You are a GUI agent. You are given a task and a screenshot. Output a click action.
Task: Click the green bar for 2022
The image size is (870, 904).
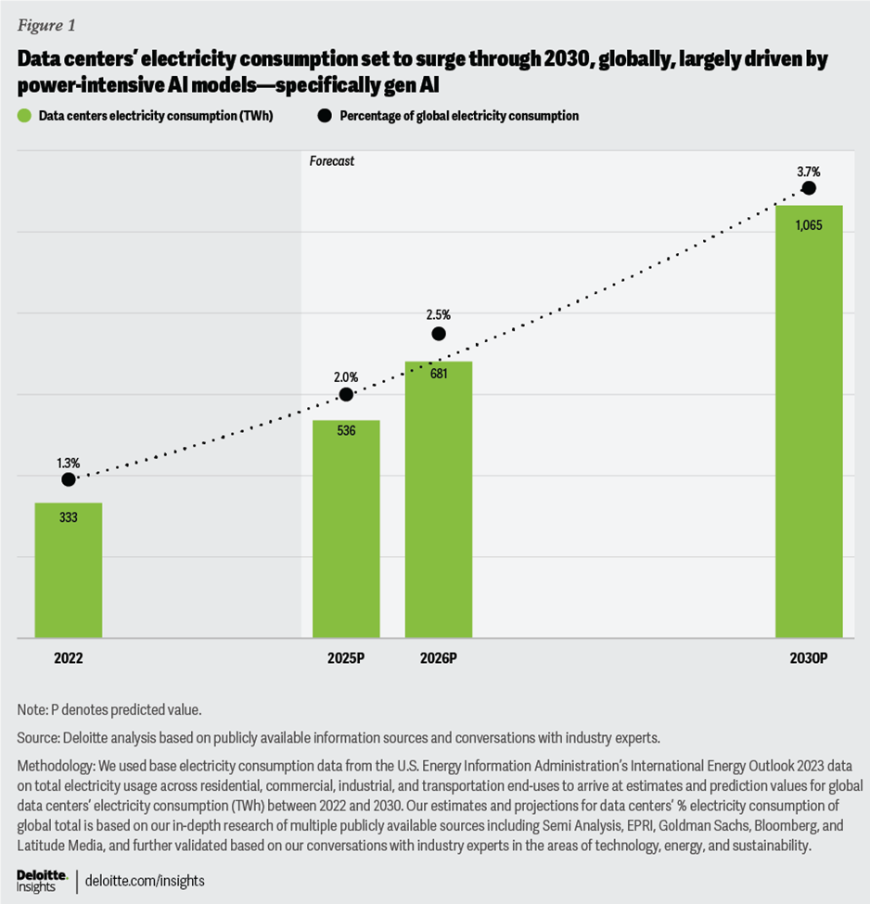tap(68, 570)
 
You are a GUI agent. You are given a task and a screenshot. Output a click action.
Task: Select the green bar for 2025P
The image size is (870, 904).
tap(346, 529)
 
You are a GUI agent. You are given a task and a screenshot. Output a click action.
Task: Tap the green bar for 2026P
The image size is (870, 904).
tap(439, 500)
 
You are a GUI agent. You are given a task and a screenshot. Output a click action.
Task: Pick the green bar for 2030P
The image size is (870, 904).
tap(808, 422)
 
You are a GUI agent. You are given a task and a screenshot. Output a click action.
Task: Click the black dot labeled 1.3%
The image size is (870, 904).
tap(69, 479)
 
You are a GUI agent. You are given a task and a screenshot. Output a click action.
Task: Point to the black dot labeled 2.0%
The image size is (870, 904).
tap(346, 394)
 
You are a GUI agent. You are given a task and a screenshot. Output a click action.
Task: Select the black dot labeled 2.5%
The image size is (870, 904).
tap(439, 334)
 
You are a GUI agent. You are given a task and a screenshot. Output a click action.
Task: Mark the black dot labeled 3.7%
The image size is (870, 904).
tap(808, 187)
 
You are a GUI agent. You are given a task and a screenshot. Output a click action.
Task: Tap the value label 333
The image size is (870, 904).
tap(68, 516)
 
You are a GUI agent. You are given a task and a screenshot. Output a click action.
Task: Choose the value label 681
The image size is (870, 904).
tap(439, 375)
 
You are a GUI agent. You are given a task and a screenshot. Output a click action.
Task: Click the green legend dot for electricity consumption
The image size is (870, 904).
tap(23, 116)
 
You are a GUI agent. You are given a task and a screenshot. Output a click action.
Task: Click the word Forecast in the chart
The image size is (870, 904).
tap(332, 161)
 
